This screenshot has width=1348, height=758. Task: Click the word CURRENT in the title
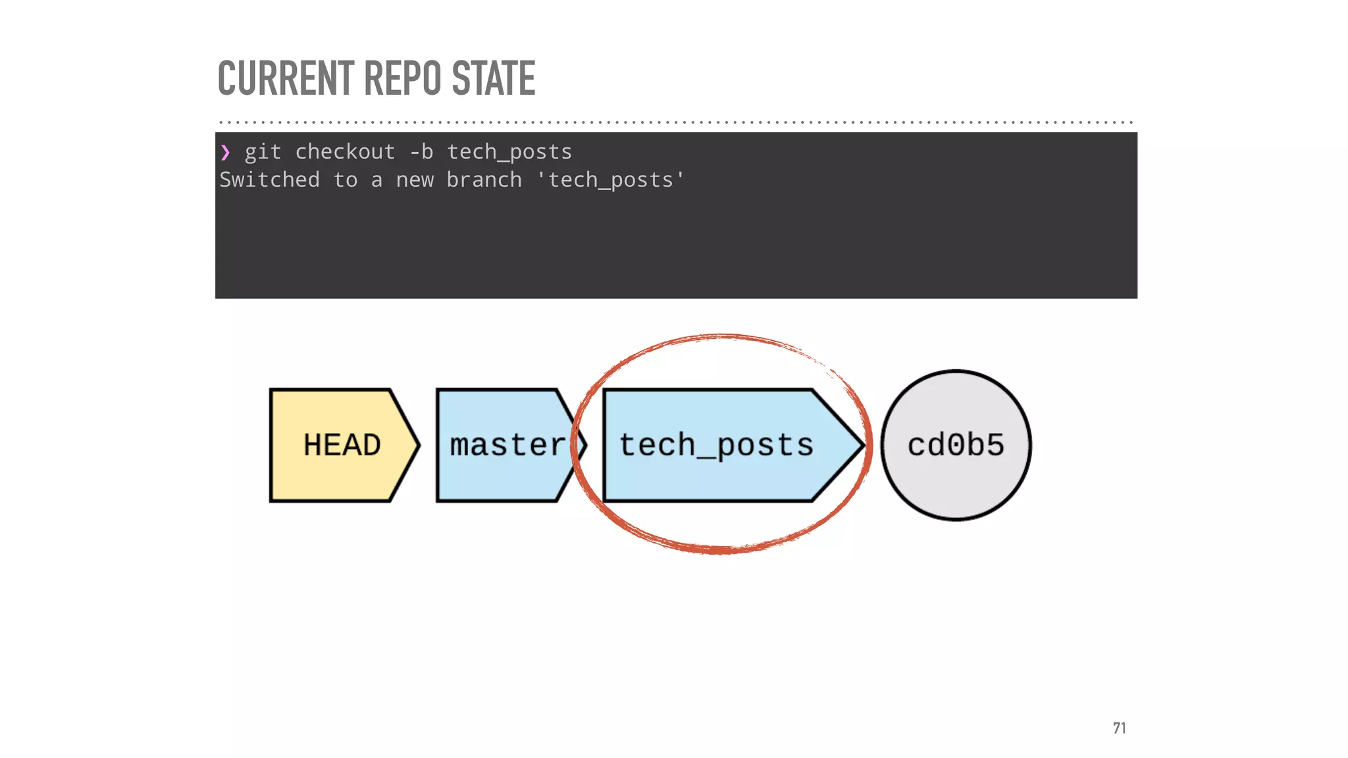[286, 78]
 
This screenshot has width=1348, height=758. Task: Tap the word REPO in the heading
[403, 78]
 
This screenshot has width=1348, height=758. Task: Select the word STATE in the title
[494, 78]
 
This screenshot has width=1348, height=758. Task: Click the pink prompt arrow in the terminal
[226, 153]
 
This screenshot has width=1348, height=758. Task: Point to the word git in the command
[263, 152]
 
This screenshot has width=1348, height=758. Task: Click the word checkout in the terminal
[345, 152]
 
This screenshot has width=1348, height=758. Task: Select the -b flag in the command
[421, 152]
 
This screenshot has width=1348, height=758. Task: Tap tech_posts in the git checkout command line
[509, 152]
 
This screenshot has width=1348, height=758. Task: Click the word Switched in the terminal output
[269, 180]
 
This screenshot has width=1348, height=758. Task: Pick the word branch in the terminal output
[484, 180]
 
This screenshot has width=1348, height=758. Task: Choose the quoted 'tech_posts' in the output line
[611, 180]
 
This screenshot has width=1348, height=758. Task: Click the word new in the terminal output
[415, 180]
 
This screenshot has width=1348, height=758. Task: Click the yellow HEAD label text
[342, 445]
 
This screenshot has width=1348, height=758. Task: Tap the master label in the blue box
[507, 445]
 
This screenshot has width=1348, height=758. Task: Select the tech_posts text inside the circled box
[716, 445]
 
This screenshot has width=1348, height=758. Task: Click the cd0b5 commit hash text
[956, 445]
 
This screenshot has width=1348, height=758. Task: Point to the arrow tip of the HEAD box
[415, 445]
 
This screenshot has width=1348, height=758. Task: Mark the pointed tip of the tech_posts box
[859, 445]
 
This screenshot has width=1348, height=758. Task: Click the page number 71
[1119, 728]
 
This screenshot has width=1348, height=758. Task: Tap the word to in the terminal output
[345, 180]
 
